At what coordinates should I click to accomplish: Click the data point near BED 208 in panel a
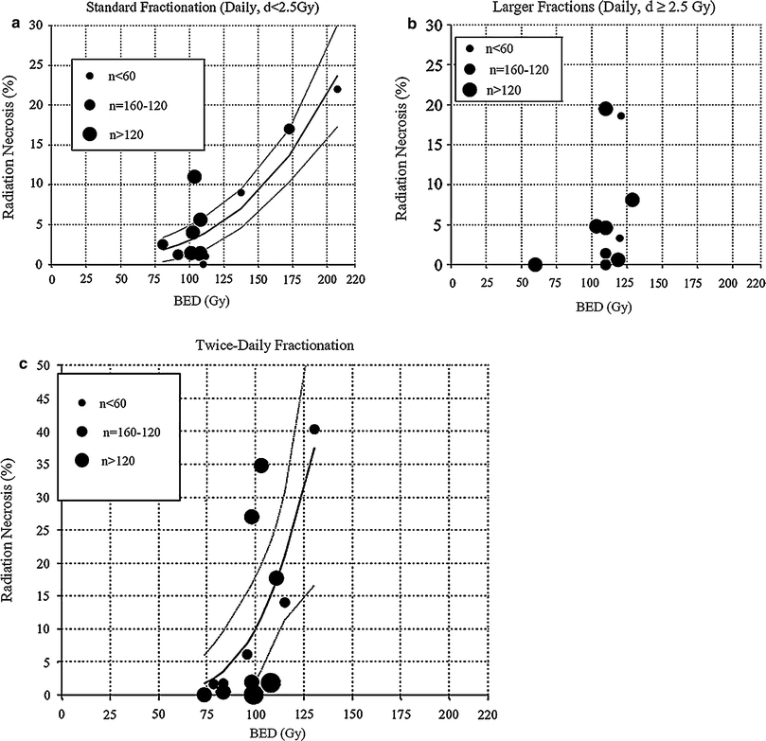tap(337, 89)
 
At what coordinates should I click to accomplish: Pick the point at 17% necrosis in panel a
tap(289, 129)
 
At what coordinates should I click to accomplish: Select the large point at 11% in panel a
tap(194, 176)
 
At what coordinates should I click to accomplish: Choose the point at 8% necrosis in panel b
tap(632, 200)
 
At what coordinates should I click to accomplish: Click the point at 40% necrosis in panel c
tap(314, 429)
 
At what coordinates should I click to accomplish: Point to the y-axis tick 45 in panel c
tap(45, 399)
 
